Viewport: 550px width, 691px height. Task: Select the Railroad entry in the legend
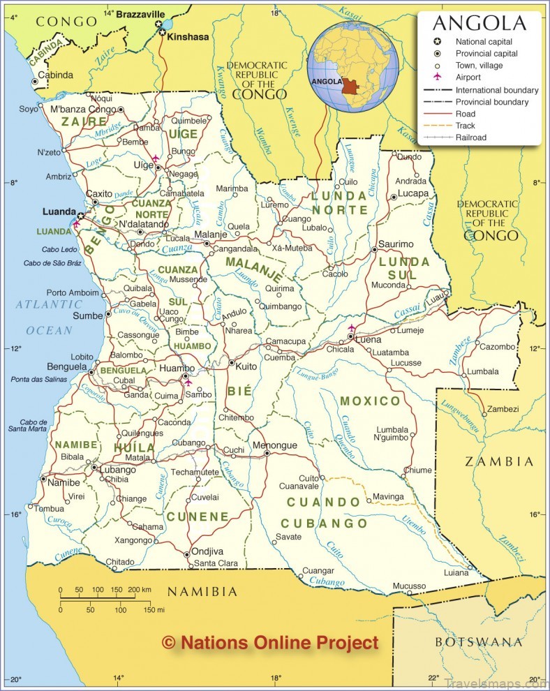[x=471, y=138]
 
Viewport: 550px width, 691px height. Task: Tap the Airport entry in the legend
[x=468, y=77]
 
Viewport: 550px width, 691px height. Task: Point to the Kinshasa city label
[x=188, y=36]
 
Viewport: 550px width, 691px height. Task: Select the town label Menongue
[x=274, y=445]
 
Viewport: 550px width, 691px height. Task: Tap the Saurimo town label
[x=396, y=244]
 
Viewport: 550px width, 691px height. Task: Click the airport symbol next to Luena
[x=351, y=328]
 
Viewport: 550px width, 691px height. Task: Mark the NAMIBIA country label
[x=202, y=592]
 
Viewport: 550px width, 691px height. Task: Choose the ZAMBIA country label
[x=499, y=461]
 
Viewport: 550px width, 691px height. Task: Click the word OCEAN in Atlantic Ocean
[x=49, y=330]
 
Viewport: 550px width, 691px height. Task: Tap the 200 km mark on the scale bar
[x=141, y=590]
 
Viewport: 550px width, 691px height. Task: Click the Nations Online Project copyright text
[x=270, y=643]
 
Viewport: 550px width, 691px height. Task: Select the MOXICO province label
[x=370, y=401]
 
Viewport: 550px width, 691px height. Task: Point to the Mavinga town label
[x=389, y=496]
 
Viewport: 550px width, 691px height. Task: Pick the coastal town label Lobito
[x=81, y=356]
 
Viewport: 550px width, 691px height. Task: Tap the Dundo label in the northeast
[x=410, y=157]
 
